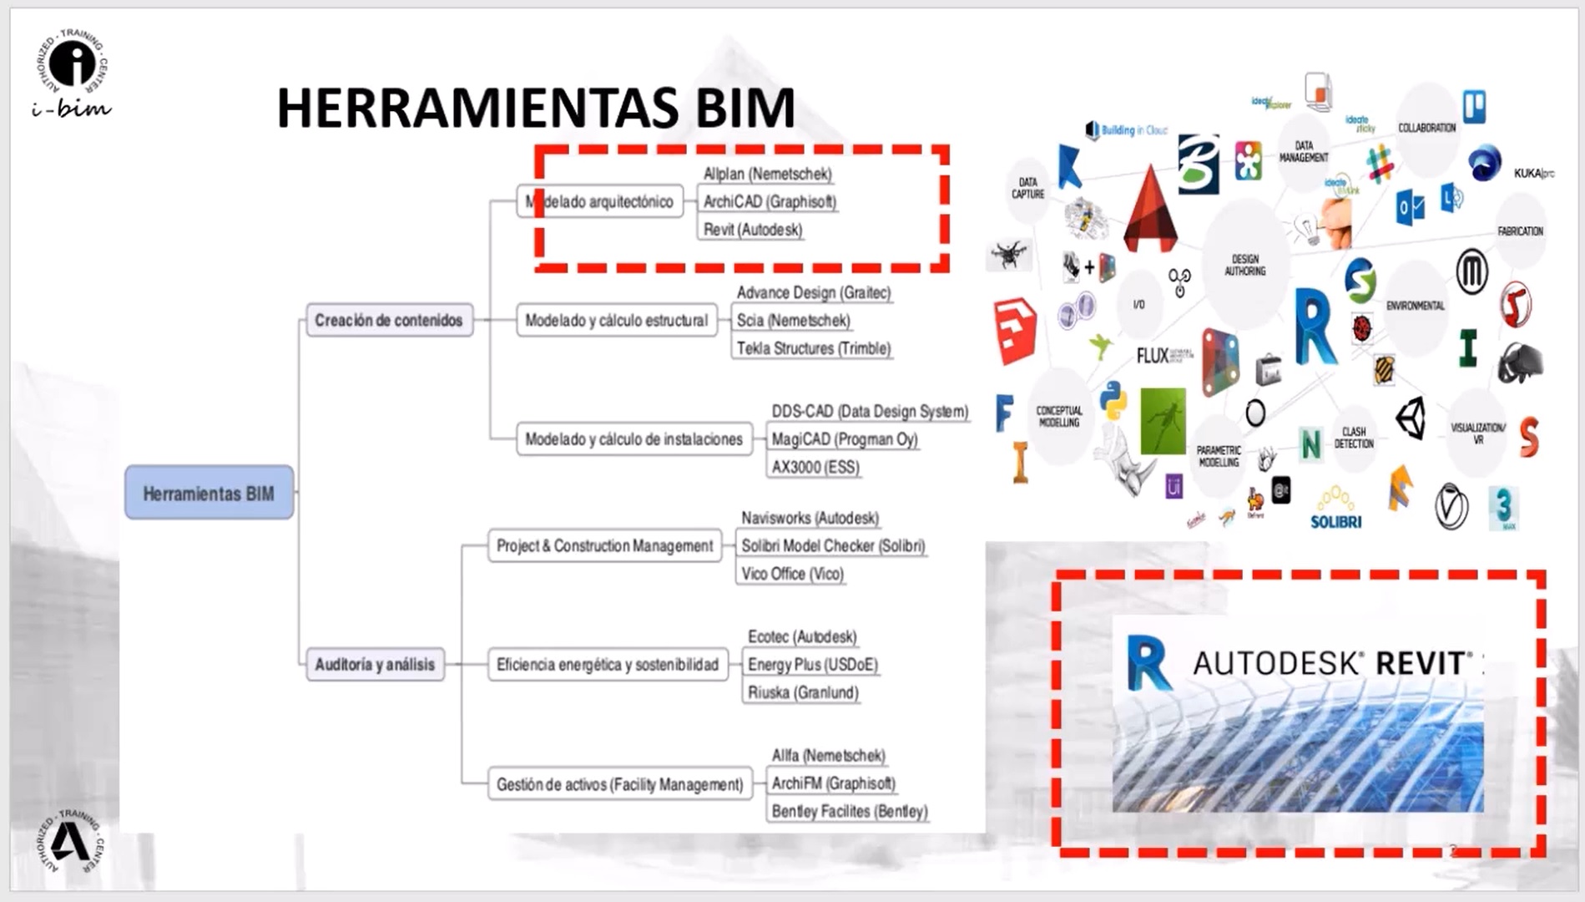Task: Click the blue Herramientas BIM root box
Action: click(209, 493)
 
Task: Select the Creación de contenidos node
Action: click(389, 320)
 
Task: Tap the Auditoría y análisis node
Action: click(375, 665)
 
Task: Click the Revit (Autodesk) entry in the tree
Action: click(752, 230)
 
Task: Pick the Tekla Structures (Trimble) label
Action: click(813, 348)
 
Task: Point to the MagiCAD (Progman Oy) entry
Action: click(844, 439)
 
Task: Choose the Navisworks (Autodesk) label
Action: click(810, 518)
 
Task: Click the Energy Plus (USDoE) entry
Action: click(812, 665)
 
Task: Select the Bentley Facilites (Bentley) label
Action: click(849, 811)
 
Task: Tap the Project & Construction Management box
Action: click(604, 546)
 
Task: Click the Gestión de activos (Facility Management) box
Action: click(619, 784)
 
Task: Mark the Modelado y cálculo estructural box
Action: click(616, 321)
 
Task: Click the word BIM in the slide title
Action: click(745, 108)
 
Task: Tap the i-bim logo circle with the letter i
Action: click(73, 63)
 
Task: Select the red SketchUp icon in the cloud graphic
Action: click(1015, 331)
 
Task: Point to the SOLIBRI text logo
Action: click(1335, 522)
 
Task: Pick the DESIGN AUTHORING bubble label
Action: click(1244, 265)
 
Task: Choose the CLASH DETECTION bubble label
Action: click(1353, 438)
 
